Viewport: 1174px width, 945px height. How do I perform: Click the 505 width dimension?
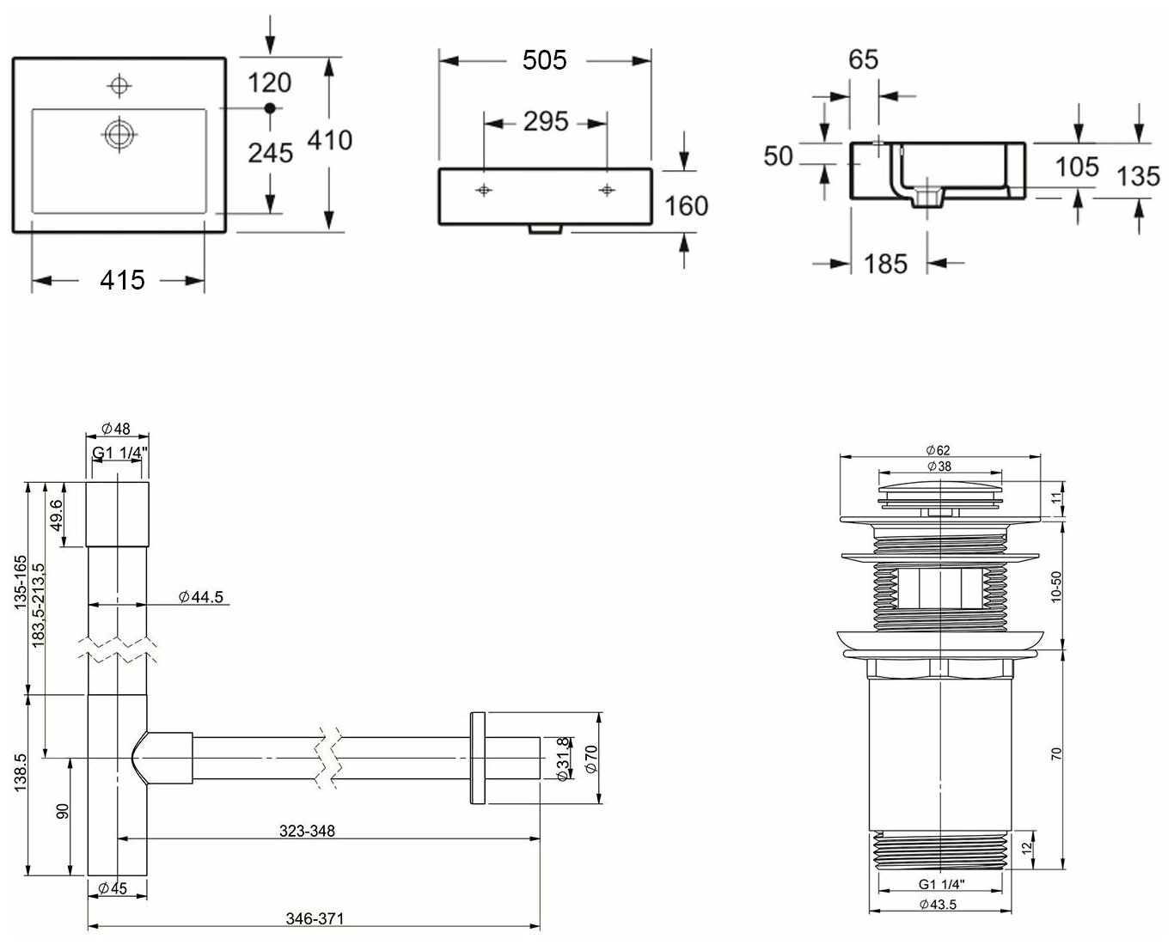[544, 60]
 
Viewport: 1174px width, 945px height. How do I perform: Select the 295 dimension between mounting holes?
[546, 122]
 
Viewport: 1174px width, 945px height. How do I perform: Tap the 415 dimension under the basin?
[121, 279]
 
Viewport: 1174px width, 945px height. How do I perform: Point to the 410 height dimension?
[329, 139]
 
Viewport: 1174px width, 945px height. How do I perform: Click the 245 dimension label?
[270, 153]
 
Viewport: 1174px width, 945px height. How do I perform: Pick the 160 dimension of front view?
[687, 206]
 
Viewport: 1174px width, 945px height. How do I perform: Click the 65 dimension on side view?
[863, 59]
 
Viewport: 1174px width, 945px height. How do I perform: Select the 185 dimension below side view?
[884, 264]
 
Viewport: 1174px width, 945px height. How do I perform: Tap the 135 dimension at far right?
[1139, 176]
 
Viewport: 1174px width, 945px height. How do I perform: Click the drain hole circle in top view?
[119, 134]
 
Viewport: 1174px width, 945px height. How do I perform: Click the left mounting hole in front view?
[485, 190]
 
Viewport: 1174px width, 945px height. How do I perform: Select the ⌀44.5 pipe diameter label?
[201, 597]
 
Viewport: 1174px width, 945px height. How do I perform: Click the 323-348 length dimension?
[307, 831]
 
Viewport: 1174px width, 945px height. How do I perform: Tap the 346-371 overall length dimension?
[315, 918]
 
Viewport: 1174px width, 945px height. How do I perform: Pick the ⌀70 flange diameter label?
[590, 759]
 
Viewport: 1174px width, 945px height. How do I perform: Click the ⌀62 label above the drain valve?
[938, 450]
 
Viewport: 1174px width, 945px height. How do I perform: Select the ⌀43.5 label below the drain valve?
[938, 904]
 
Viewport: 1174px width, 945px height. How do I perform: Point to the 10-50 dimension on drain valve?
[1057, 588]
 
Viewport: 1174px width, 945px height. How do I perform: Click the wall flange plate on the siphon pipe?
[478, 758]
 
